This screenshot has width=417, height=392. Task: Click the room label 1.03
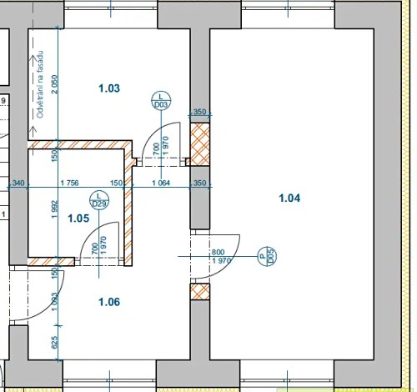[x=109, y=88]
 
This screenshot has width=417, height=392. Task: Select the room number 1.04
[x=289, y=198]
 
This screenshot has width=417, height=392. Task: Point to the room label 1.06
[x=109, y=302]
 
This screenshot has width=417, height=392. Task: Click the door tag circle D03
[x=161, y=100]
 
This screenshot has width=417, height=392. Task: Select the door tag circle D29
[x=99, y=200]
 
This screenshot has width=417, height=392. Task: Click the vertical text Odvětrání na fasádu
[x=39, y=83]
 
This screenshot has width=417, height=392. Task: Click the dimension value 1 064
[x=161, y=183]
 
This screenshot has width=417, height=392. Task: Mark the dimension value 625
[x=55, y=340]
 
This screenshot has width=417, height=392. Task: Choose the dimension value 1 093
[x=55, y=303]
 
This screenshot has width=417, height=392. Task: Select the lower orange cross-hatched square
[x=199, y=292]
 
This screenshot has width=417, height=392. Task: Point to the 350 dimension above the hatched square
[x=199, y=112]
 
